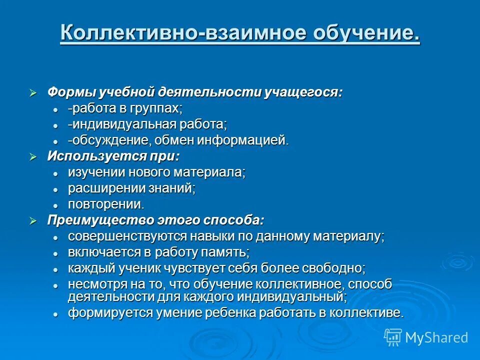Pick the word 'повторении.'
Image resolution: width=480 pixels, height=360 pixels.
[x=106, y=204]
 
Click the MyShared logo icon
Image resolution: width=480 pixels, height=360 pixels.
[x=393, y=337]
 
